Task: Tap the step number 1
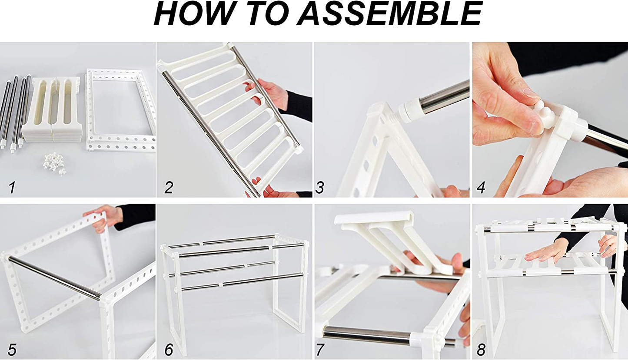click(x=12, y=188)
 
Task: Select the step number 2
click(x=169, y=188)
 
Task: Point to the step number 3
click(x=320, y=188)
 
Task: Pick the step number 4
click(x=481, y=188)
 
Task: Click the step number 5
click(x=12, y=349)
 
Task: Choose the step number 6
click(x=169, y=349)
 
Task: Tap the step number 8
click(x=481, y=349)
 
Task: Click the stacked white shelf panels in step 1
click(x=51, y=109)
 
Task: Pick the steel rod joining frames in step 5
click(x=54, y=278)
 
